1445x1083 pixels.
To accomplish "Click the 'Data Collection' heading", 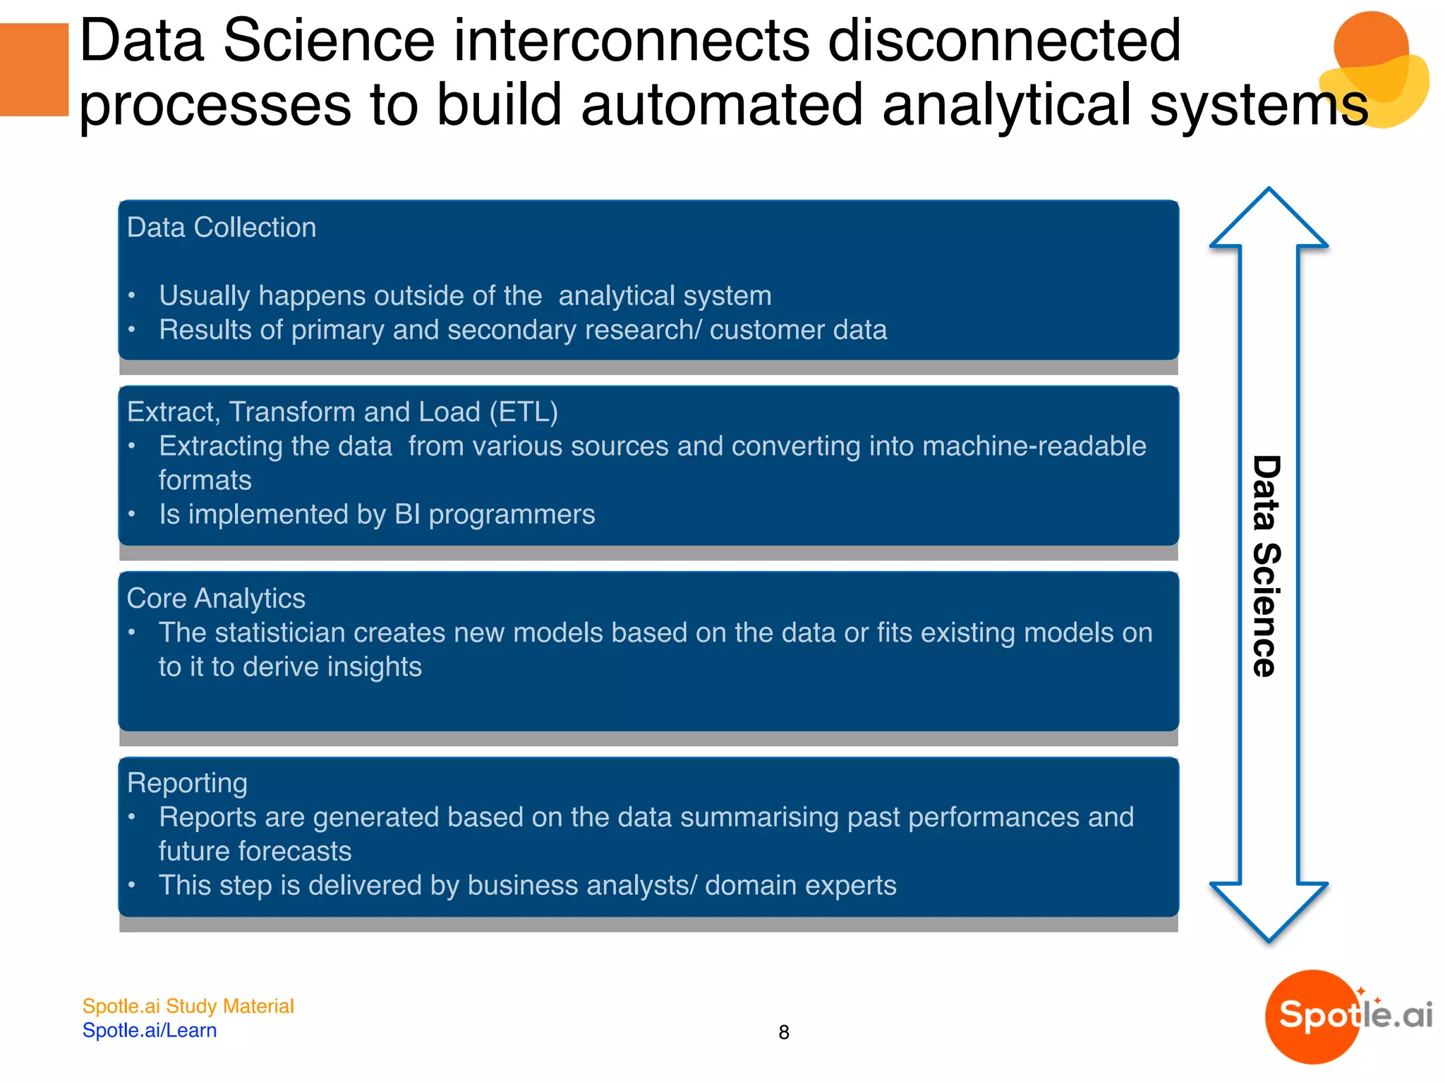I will (221, 228).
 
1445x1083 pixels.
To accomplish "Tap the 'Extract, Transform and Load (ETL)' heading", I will (342, 412).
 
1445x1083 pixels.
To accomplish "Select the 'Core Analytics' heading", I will (216, 599).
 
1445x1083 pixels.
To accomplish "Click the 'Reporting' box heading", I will (187, 783).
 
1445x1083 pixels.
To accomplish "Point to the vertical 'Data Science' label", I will (1267, 566).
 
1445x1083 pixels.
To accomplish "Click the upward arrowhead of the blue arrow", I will (1269, 219).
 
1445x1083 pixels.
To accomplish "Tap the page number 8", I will (783, 1032).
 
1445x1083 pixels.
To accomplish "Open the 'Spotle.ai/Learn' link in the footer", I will (150, 1031).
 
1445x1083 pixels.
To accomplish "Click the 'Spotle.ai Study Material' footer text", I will (188, 1006).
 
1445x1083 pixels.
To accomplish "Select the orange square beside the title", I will (34, 69).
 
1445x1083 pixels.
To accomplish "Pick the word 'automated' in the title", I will (722, 106).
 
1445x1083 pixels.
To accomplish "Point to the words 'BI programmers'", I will (494, 515).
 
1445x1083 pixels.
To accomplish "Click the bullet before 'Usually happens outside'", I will (132, 296).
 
